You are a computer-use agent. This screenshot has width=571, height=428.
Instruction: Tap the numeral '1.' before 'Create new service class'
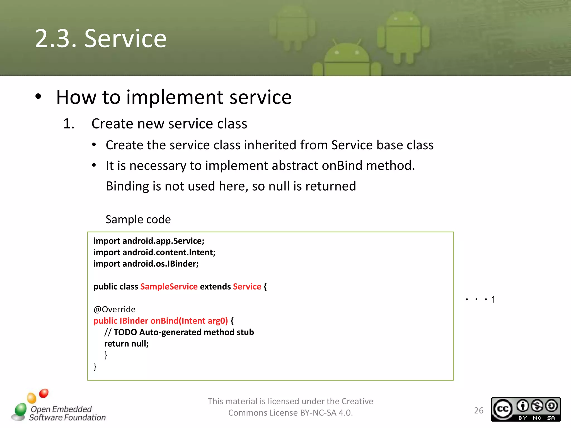click(x=69, y=124)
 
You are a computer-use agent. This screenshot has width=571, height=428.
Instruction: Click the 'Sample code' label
click(x=138, y=220)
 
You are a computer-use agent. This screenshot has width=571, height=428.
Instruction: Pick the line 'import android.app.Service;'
click(x=149, y=241)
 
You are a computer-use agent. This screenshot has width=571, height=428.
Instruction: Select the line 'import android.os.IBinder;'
click(x=146, y=264)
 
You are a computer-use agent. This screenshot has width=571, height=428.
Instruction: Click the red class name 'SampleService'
click(x=169, y=287)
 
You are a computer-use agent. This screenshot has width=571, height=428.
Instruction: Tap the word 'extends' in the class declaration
click(x=215, y=287)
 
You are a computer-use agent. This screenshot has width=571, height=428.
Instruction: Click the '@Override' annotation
click(x=115, y=310)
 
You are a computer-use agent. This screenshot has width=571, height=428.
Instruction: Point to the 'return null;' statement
click(x=126, y=344)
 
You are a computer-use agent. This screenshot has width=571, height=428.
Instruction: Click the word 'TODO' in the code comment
click(x=125, y=332)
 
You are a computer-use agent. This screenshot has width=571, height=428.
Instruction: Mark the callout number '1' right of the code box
click(x=493, y=300)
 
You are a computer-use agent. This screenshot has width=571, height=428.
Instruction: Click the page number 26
click(x=479, y=410)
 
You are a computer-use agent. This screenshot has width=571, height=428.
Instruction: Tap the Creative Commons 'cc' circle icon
click(x=503, y=409)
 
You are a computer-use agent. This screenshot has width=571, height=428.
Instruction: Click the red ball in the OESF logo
click(x=44, y=393)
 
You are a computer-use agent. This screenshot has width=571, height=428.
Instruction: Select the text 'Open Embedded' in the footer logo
click(x=61, y=409)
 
